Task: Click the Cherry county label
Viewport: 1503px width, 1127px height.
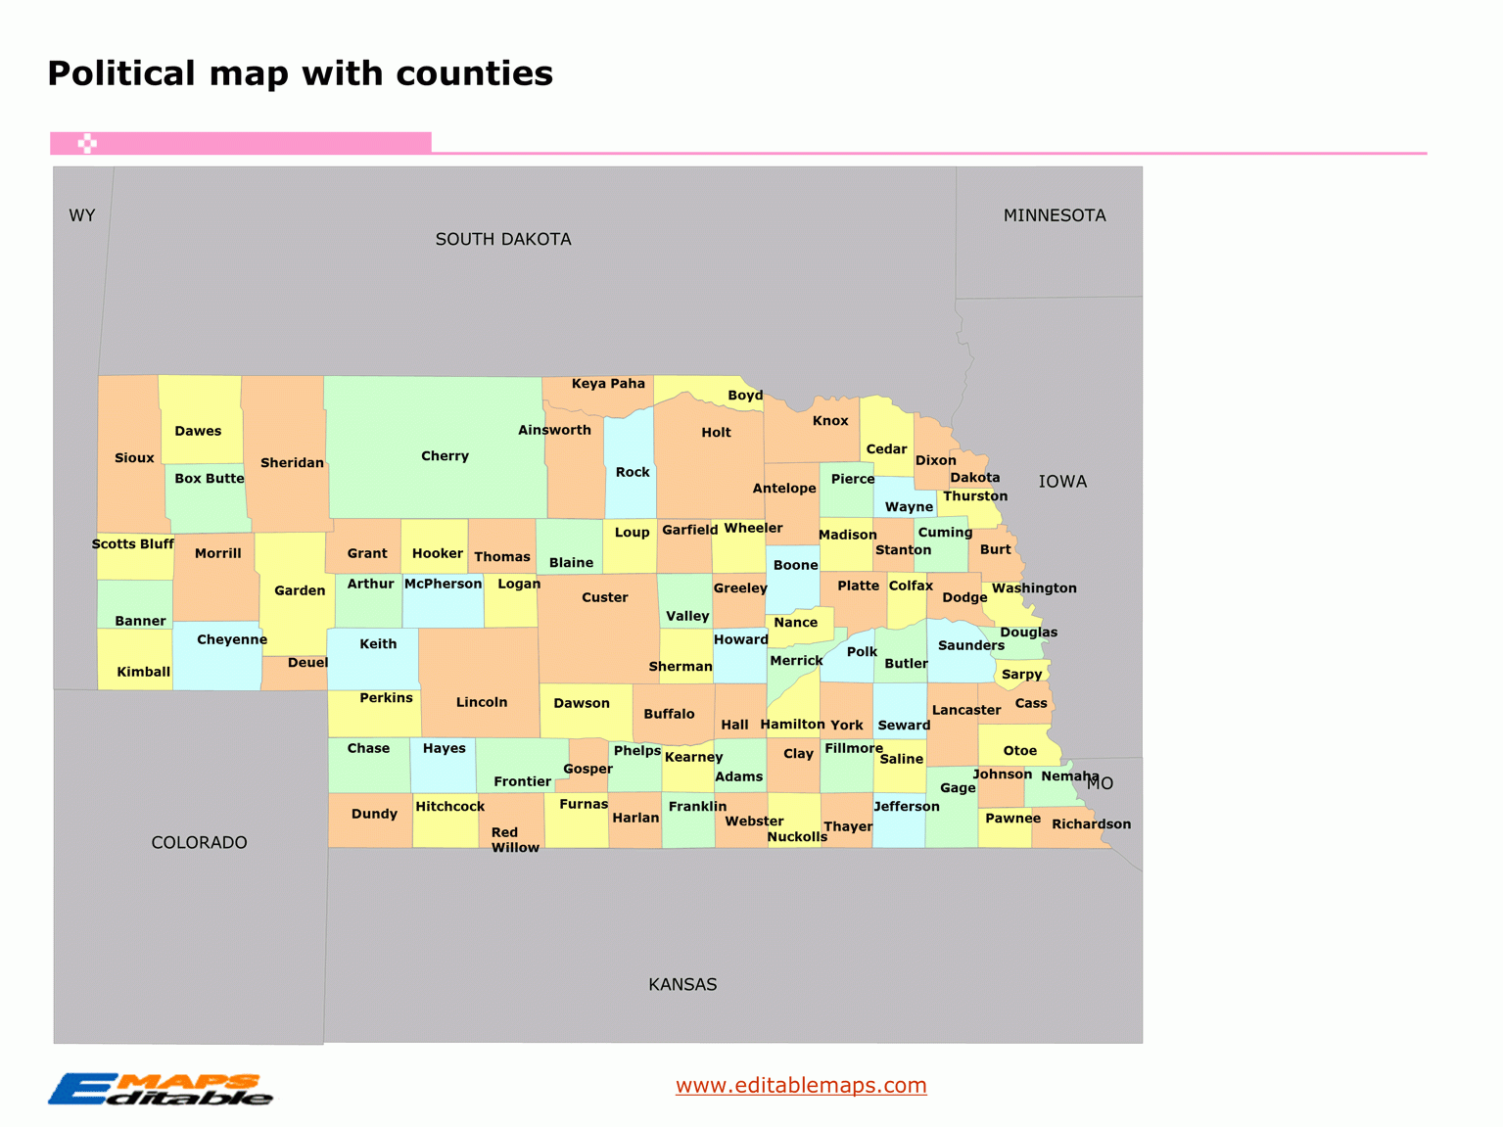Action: [445, 456]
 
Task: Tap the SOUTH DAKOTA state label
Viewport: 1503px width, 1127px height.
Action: [503, 239]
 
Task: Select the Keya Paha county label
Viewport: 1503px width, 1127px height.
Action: [608, 384]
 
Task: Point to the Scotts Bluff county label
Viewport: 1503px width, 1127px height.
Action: [133, 544]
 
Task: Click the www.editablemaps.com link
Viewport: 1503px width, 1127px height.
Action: [801, 1085]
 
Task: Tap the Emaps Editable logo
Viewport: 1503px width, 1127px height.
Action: [160, 1089]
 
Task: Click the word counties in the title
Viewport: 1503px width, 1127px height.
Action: [474, 73]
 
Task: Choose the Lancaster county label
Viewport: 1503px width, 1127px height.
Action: [966, 710]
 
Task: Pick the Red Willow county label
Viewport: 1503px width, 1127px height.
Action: [514, 840]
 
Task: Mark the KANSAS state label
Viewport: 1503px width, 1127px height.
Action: [682, 984]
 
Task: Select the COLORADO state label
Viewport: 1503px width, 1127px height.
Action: [199, 842]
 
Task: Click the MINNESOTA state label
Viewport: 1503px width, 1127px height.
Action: [1055, 215]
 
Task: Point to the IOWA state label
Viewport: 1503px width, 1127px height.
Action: [1062, 482]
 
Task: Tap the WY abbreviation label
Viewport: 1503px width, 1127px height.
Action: [82, 215]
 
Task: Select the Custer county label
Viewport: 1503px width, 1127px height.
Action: [604, 597]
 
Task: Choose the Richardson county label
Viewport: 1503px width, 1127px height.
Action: [1091, 824]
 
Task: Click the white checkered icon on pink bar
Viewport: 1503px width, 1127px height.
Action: [87, 144]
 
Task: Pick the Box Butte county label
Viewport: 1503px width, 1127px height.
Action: [210, 479]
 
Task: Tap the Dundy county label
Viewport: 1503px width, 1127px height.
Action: [374, 814]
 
